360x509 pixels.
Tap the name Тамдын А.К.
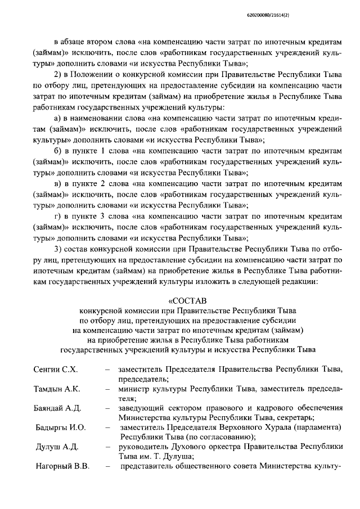pos(57,389)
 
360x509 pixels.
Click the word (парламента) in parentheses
pos(316,428)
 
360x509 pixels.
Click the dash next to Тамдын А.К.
pos(107,389)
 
